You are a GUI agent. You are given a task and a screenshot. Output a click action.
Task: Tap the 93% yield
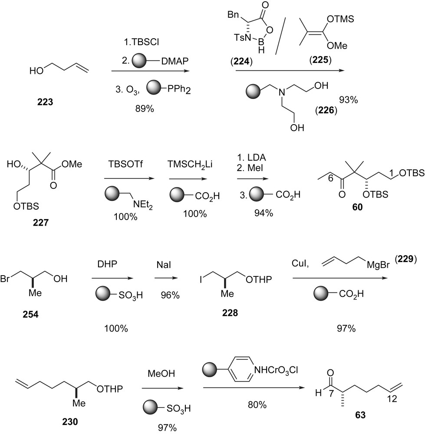pos(348,100)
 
